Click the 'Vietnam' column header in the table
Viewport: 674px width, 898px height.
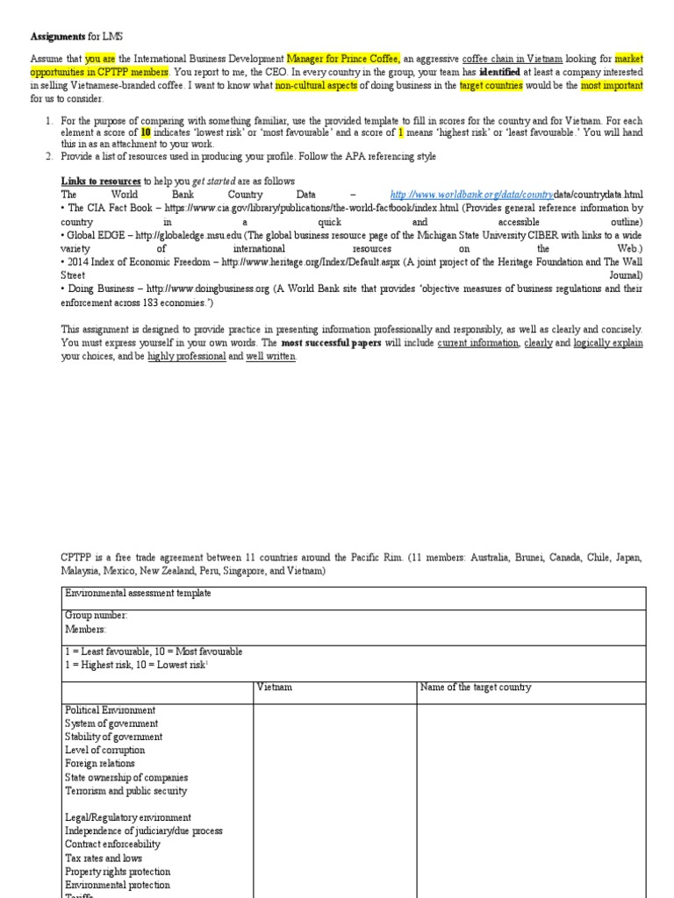274,688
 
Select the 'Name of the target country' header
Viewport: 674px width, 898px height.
476,688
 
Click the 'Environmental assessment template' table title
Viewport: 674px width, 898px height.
138,594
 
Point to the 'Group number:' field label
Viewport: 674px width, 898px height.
96,616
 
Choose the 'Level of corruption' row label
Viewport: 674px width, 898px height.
104,751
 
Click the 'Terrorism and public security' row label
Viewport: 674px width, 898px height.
125,791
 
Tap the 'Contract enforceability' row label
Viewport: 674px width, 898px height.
112,845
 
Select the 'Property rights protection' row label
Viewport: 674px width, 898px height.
118,872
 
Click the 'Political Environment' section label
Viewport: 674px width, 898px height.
110,710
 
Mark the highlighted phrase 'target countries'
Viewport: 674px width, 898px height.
491,86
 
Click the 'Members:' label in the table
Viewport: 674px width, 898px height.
84,629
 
